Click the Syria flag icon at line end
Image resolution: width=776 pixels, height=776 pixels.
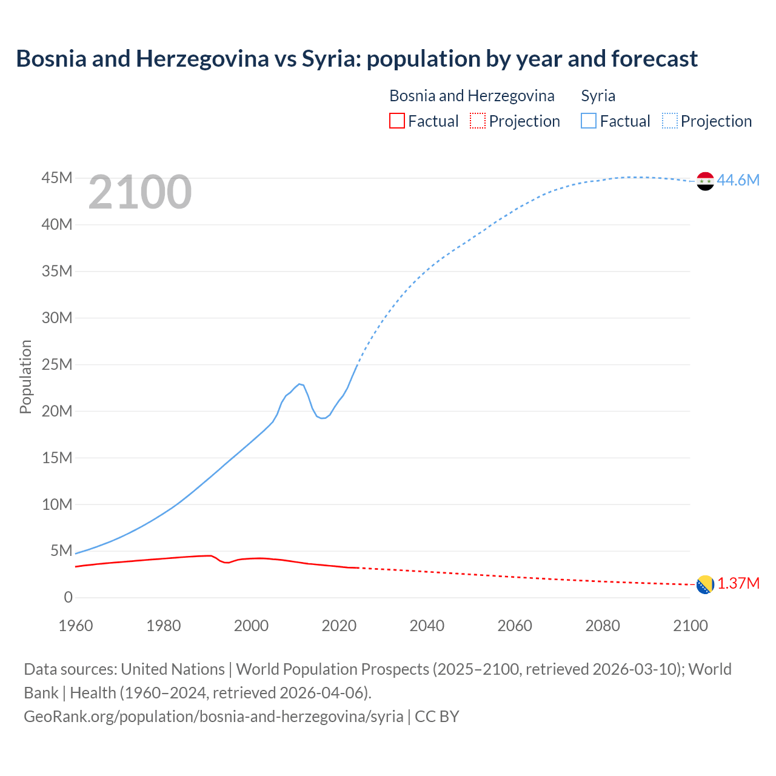point(705,181)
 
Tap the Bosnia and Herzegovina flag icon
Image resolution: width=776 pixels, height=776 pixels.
point(705,584)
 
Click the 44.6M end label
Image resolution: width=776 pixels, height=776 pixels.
point(738,180)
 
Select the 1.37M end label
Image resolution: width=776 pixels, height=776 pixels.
point(738,583)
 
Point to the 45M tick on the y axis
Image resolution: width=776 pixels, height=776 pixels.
point(57,178)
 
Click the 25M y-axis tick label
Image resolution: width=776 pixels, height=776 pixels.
point(57,364)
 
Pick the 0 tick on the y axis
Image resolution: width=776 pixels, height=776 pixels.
point(68,598)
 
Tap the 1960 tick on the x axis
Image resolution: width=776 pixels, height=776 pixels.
point(76,626)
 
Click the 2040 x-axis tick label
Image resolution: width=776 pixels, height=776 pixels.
point(427,626)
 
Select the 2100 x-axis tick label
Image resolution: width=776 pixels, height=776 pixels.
point(690,626)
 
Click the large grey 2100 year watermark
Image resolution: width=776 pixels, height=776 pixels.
point(140,192)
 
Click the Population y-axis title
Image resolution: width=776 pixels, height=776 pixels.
point(25,376)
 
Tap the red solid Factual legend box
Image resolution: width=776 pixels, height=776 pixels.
point(396,121)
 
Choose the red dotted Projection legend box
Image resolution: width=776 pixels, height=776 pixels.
point(477,121)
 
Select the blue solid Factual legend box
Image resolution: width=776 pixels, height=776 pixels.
point(588,121)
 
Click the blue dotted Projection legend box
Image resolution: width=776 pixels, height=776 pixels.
point(669,121)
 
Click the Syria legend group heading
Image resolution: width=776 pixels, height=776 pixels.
point(598,96)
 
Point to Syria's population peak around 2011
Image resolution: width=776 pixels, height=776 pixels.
point(299,384)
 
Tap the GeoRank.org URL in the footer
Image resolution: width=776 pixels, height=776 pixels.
point(213,716)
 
